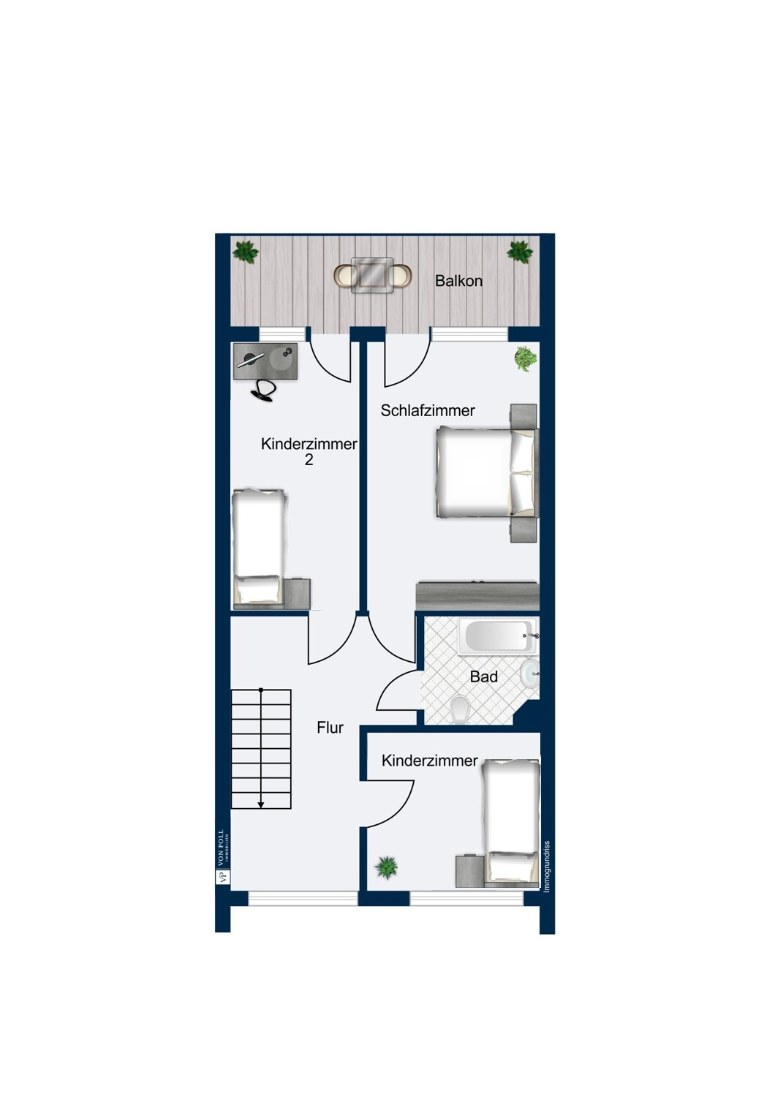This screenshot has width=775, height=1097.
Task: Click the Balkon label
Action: pos(458,281)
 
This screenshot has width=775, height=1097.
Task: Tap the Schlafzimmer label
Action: pos(428,410)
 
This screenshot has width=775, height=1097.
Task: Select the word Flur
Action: pos(330,728)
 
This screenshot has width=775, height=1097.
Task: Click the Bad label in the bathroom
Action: pos(484,676)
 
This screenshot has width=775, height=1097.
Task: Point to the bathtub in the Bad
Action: pos(499,636)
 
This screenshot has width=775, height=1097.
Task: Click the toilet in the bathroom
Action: pos(461,710)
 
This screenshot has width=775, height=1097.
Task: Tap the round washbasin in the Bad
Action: pos(530,673)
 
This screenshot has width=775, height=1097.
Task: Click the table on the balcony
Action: pos(372,275)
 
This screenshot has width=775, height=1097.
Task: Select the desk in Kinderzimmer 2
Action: pos(265,361)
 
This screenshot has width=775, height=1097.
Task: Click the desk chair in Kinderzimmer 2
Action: pos(263,391)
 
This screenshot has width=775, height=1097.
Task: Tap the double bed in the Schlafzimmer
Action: pos(487,472)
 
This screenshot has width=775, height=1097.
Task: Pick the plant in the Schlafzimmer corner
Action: pos(526,358)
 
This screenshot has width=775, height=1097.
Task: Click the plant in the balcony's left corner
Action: pos(245,252)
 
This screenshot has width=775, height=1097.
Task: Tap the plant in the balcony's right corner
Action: pos(519,252)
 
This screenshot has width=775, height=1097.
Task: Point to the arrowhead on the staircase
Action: pos(261,804)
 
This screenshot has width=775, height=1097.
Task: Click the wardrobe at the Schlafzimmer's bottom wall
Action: pos(477,596)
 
